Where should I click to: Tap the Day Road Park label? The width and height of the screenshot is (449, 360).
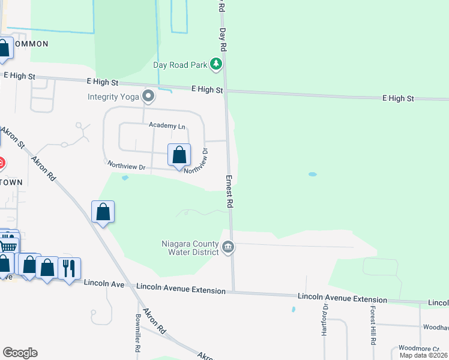pyautogui.click(x=179, y=65)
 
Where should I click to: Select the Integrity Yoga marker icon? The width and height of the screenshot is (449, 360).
pyautogui.click(x=148, y=96)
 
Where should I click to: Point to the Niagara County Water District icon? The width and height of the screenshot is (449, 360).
pyautogui.click(x=228, y=247)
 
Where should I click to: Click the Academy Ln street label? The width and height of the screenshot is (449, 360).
pyautogui.click(x=167, y=126)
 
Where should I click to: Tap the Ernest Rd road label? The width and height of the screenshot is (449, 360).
pyautogui.click(x=229, y=191)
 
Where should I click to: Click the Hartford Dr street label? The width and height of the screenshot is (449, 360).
pyautogui.click(x=325, y=320)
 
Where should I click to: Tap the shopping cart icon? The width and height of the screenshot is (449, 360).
pyautogui.click(x=8, y=246)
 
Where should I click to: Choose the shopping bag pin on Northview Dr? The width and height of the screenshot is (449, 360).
pyautogui.click(x=179, y=155)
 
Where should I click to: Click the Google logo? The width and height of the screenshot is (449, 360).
pyautogui.click(x=20, y=353)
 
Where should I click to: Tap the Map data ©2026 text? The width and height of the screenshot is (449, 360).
pyautogui.click(x=424, y=355)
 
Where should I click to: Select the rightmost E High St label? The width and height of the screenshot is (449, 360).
pyautogui.click(x=398, y=98)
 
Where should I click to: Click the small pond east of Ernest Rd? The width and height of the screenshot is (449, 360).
pyautogui.click(x=312, y=175)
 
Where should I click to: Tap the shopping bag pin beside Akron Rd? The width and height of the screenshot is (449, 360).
pyautogui.click(x=103, y=212)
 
